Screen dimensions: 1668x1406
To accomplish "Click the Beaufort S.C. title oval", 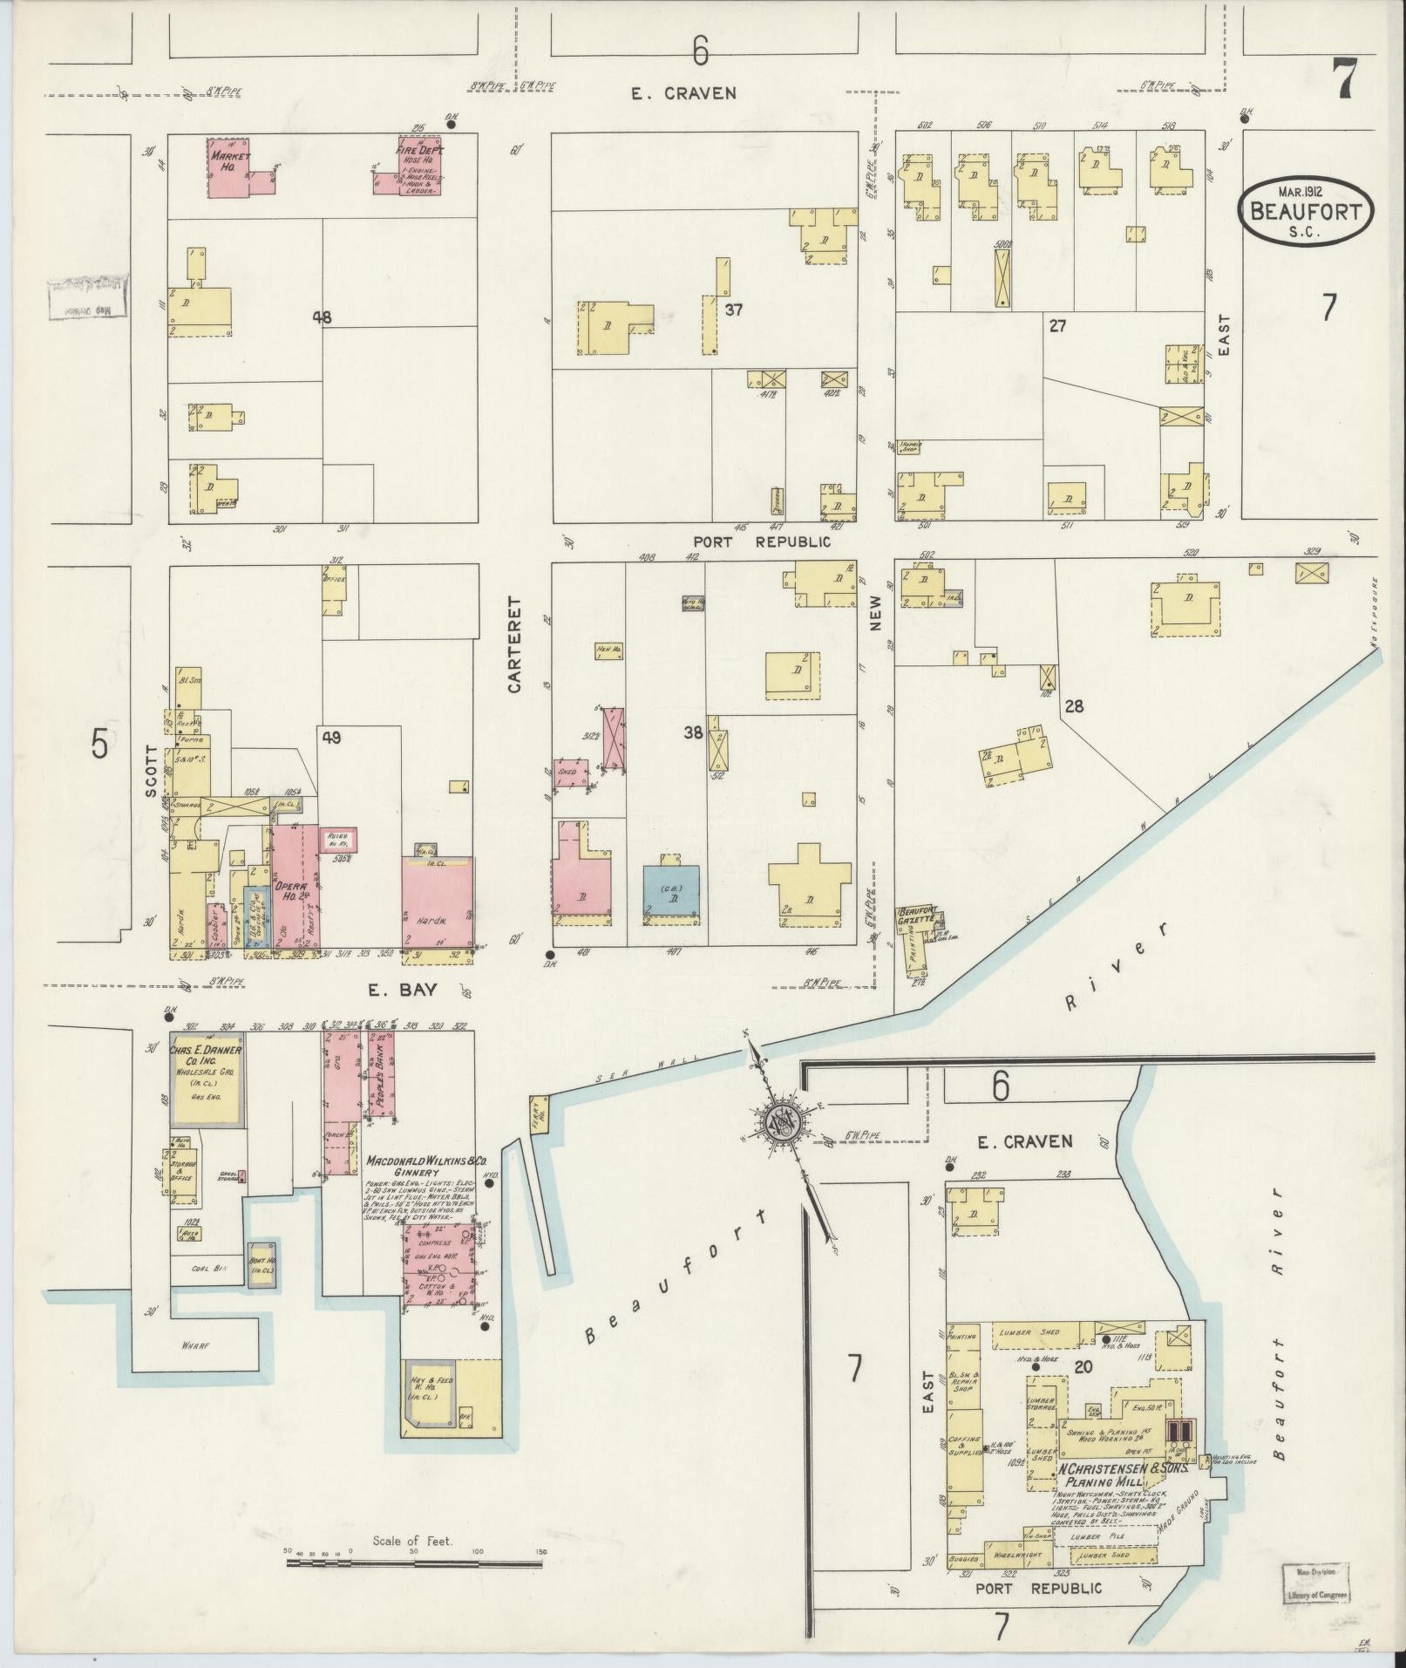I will click(x=1305, y=210).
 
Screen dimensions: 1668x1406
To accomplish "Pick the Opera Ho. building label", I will click(x=287, y=888).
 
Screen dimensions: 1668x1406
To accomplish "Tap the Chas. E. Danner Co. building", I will click(x=207, y=1078).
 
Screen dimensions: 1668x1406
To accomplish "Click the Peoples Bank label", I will click(x=381, y=1073).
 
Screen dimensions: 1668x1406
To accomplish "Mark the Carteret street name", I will click(x=513, y=645).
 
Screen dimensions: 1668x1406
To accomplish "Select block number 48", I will click(x=323, y=318).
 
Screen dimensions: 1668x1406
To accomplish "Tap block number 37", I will click(x=733, y=309).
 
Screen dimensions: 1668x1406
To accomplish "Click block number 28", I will click(x=1073, y=706).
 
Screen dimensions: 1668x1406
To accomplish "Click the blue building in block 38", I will click(x=671, y=894).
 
